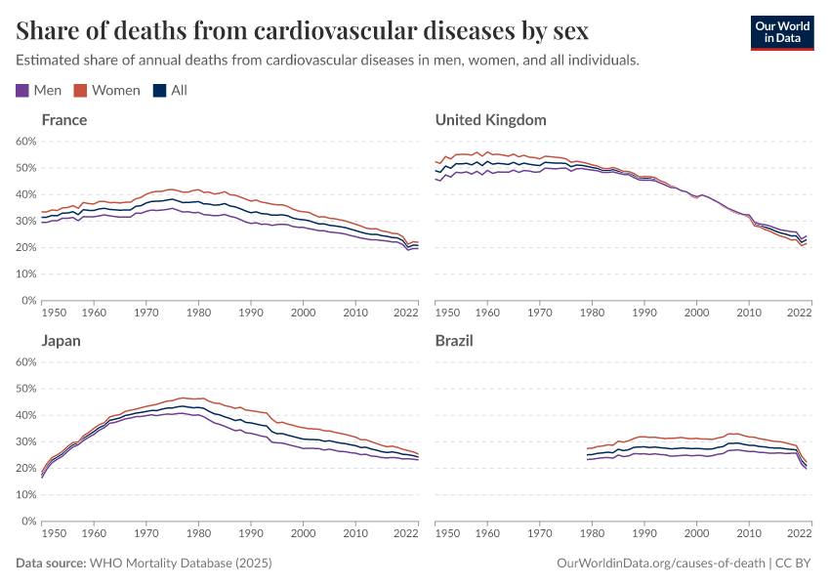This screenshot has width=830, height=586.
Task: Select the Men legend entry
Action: click(x=39, y=90)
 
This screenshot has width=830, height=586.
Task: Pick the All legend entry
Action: click(x=170, y=90)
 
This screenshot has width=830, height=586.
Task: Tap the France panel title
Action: click(x=64, y=120)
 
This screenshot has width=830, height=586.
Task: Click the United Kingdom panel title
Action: click(x=490, y=120)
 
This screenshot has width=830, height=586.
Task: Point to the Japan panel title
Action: click(x=61, y=341)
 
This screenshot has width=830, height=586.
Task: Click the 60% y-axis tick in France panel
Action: click(x=26, y=142)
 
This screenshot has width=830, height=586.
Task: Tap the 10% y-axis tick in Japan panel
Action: click(x=26, y=495)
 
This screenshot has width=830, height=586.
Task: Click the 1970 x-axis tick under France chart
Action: click(x=146, y=313)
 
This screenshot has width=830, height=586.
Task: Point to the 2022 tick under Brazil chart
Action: click(x=799, y=533)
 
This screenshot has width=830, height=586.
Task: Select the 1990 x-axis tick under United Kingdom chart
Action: click(x=643, y=313)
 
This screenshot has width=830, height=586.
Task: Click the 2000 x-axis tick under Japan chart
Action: click(x=303, y=533)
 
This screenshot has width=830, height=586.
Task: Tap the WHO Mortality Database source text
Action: click(x=180, y=564)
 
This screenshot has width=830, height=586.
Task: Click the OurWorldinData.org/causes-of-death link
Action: click(x=659, y=564)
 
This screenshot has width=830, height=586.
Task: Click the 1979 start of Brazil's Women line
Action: click(x=587, y=448)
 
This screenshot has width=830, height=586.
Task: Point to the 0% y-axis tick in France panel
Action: click(x=29, y=301)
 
